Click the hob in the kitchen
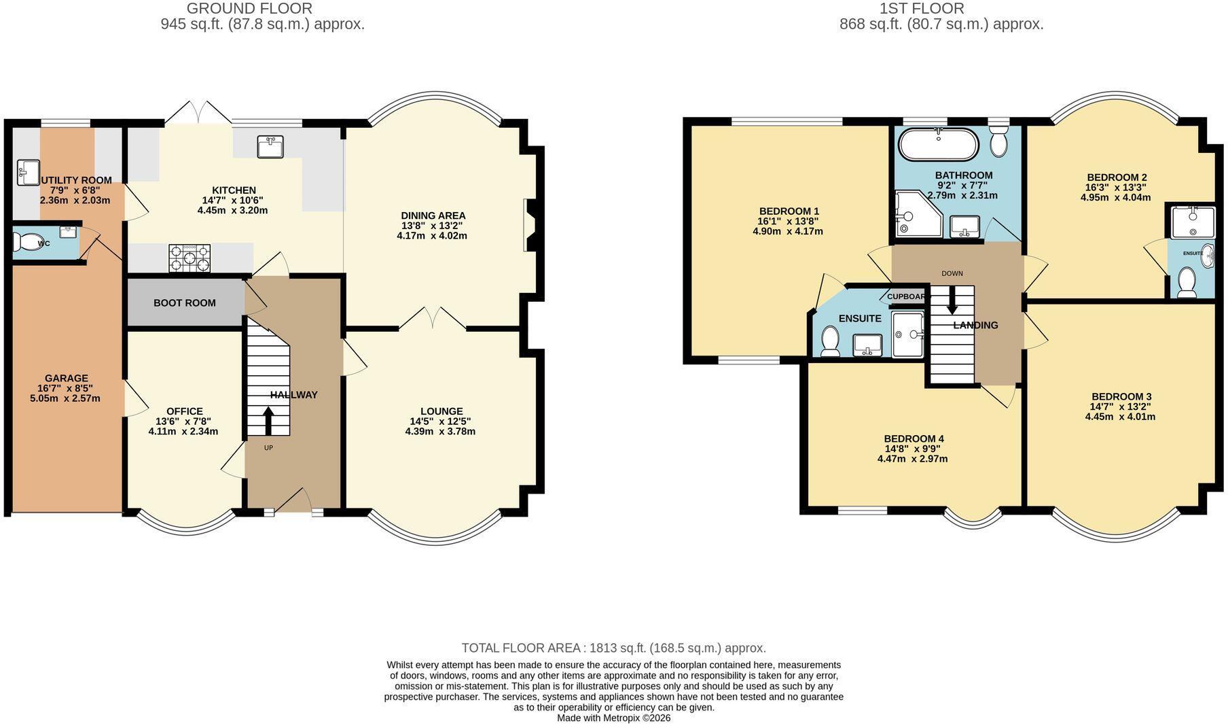(x=189, y=258)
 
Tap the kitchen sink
(x=271, y=146)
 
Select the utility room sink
(x=29, y=173)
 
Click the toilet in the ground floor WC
(x=27, y=241)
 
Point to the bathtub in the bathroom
(x=939, y=144)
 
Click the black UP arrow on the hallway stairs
(x=268, y=421)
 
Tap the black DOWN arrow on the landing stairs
(x=952, y=299)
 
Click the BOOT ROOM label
(x=185, y=303)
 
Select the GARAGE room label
(x=67, y=378)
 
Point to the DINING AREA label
(x=433, y=216)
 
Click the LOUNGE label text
(x=441, y=411)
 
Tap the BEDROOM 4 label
(x=914, y=438)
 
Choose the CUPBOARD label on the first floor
(x=906, y=296)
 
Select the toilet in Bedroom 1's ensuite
(x=830, y=341)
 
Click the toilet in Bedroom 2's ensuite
(x=1187, y=282)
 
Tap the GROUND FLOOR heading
(x=250, y=9)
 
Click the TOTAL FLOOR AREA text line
(x=614, y=648)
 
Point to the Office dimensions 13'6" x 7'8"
(x=185, y=421)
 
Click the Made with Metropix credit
(x=614, y=718)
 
